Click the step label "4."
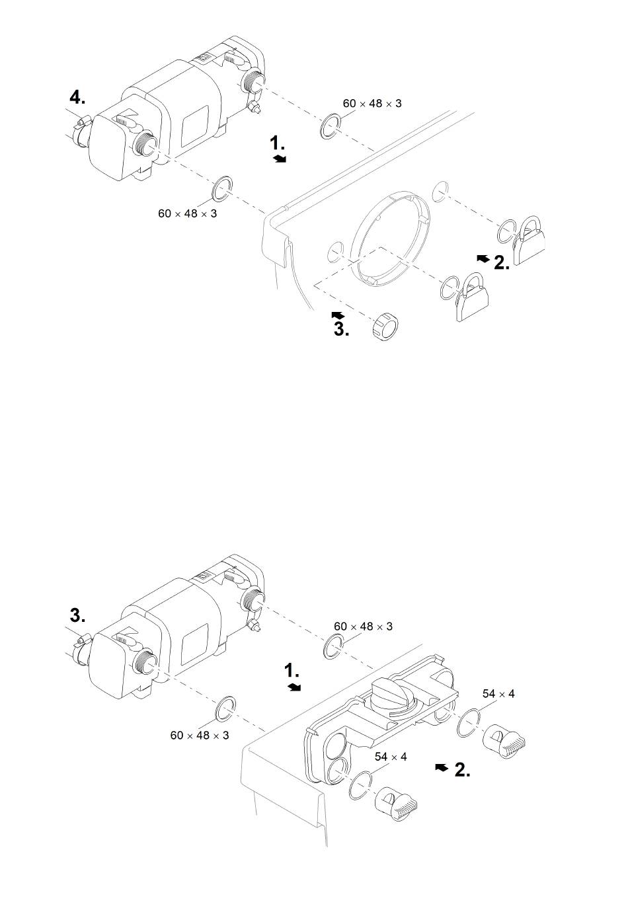(77, 98)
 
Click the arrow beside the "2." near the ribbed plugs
(442, 768)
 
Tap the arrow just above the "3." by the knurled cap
(338, 315)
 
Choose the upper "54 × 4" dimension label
(498, 694)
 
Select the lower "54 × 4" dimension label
(391, 757)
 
